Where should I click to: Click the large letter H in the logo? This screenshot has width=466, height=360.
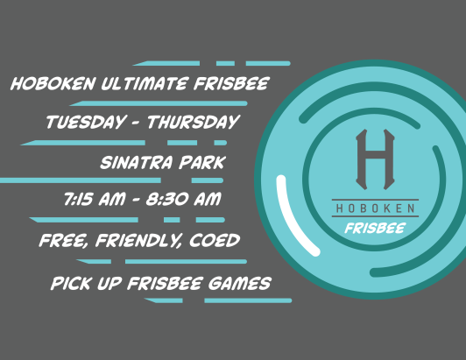point(374,159)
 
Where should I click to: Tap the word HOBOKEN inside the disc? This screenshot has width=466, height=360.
point(374,209)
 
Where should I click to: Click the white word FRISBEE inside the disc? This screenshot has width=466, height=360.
point(374,227)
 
